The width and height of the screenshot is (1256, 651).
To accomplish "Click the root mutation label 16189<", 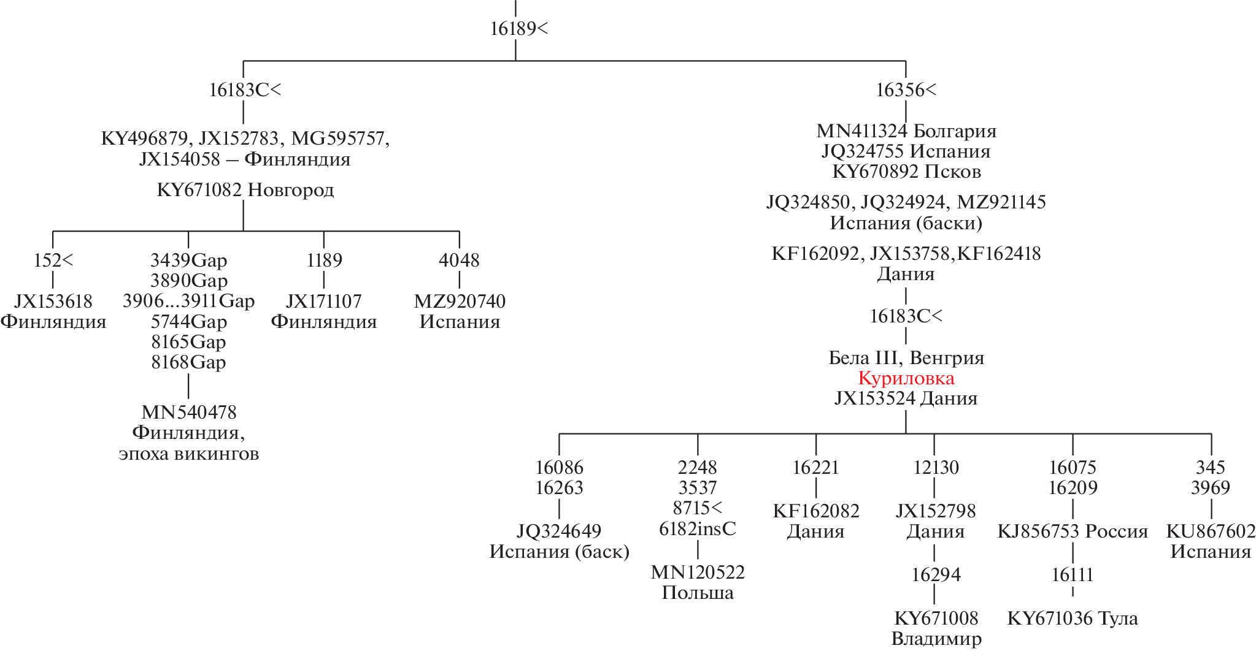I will [518, 29].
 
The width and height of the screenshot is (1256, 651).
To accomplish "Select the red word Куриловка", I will [906, 378].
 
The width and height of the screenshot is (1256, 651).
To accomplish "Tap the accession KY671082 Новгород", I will [245, 190].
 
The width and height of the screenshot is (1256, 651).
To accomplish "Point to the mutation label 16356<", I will [906, 90].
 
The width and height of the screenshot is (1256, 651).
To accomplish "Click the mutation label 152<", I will [53, 261].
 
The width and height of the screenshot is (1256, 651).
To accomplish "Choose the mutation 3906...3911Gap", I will [188, 301].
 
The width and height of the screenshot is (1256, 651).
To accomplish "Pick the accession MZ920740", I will [460, 302].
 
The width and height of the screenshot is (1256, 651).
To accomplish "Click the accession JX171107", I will [323, 302].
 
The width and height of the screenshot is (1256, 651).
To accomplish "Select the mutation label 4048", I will [459, 261].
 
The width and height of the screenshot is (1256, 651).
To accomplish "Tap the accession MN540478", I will [189, 413].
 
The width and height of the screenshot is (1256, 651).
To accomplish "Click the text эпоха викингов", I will [189, 454].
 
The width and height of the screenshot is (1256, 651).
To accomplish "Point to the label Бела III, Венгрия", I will [906, 358].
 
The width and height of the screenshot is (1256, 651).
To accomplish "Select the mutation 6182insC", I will [698, 529].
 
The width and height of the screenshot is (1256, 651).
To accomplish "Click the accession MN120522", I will [698, 573].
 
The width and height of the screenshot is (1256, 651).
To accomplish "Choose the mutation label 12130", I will [936, 468].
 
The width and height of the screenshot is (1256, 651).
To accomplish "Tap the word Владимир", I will [936, 639].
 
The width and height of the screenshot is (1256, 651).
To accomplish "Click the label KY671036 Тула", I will [1073, 619].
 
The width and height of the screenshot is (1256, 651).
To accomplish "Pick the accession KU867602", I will [1211, 531].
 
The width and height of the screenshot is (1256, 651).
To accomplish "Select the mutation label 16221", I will [815, 468].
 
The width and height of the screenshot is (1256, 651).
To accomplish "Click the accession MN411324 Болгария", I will [906, 131].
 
